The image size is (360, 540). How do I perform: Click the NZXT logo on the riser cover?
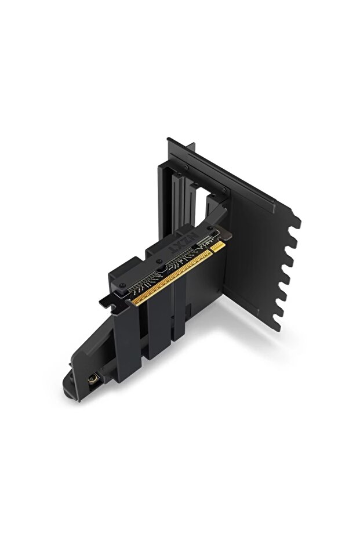click(184, 244)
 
